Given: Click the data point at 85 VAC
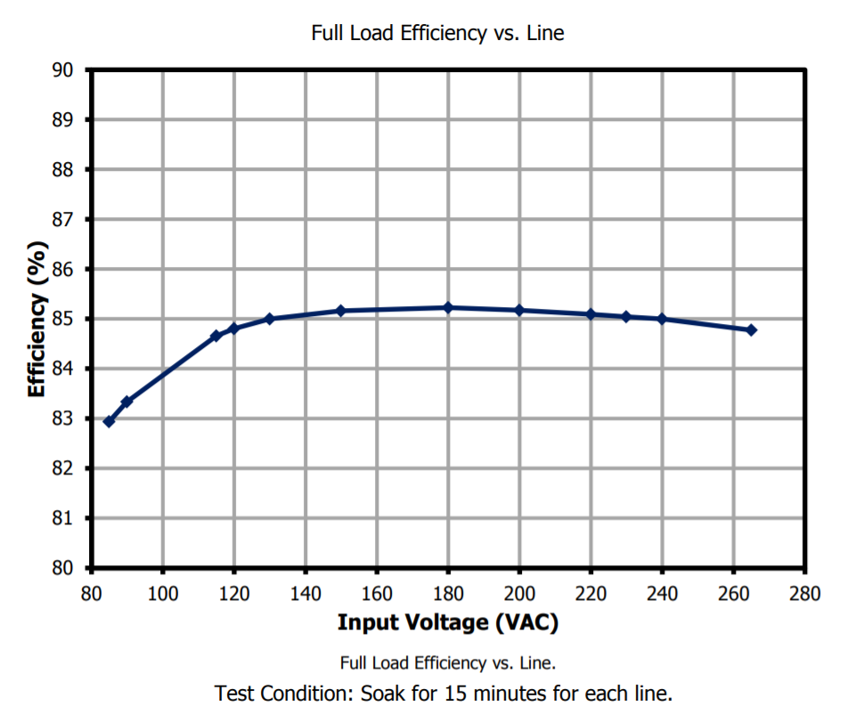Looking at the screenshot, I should click(x=109, y=421).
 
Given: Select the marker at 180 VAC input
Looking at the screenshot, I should click(x=448, y=308).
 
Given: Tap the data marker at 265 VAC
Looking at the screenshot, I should click(x=751, y=330).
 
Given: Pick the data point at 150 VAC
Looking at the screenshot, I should click(x=340, y=311).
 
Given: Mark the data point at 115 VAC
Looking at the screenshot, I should click(x=216, y=336).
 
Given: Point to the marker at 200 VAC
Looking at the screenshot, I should click(x=519, y=310).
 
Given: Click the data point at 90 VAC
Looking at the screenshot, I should click(x=126, y=402).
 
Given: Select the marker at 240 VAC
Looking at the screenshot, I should click(x=662, y=319).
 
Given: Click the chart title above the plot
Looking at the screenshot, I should click(x=437, y=33).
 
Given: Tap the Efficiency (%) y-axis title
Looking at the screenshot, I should click(x=37, y=318).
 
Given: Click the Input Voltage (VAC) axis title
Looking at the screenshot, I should click(x=447, y=622).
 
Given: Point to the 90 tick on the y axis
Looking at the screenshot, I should click(x=74, y=69).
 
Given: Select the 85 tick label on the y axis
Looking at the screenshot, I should click(x=74, y=319).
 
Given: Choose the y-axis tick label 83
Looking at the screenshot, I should click(x=74, y=418).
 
